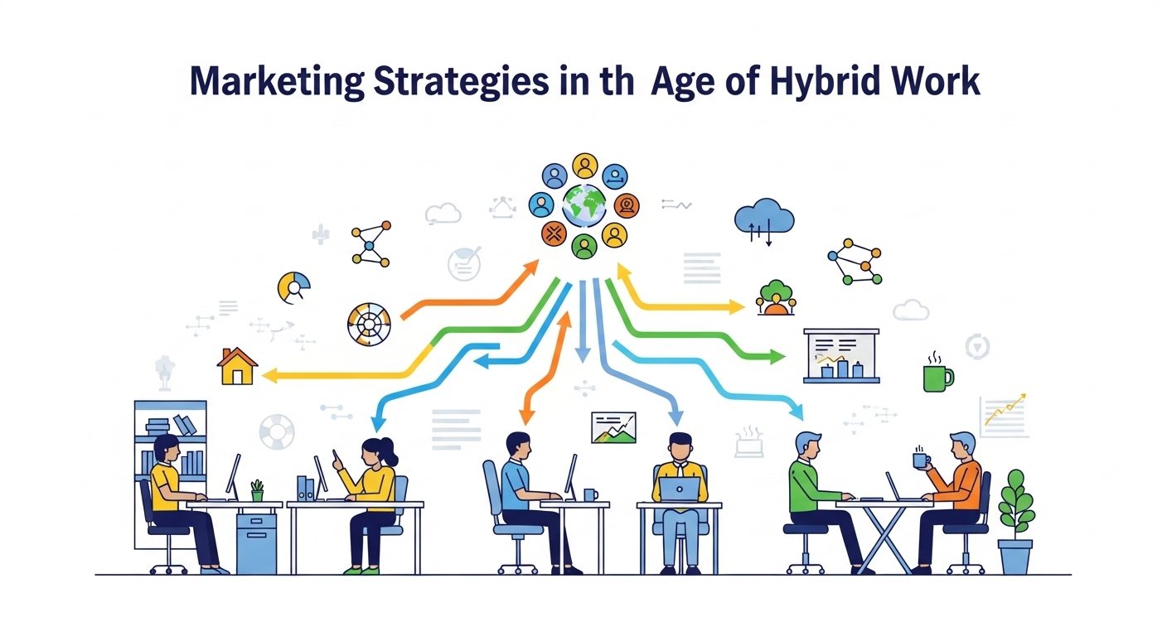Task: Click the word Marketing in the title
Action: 277,82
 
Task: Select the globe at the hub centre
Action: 584,205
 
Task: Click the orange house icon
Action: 237,366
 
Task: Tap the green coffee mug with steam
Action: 937,373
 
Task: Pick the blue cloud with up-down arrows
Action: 764,220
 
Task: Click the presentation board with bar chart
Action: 841,355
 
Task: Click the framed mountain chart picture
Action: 613,428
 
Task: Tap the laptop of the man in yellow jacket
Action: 680,489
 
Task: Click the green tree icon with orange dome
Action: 776,297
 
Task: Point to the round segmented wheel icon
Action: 369,325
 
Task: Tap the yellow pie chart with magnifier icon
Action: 294,287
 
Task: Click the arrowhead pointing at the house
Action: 269,375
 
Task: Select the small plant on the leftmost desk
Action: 257,490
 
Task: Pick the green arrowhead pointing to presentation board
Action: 777,357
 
